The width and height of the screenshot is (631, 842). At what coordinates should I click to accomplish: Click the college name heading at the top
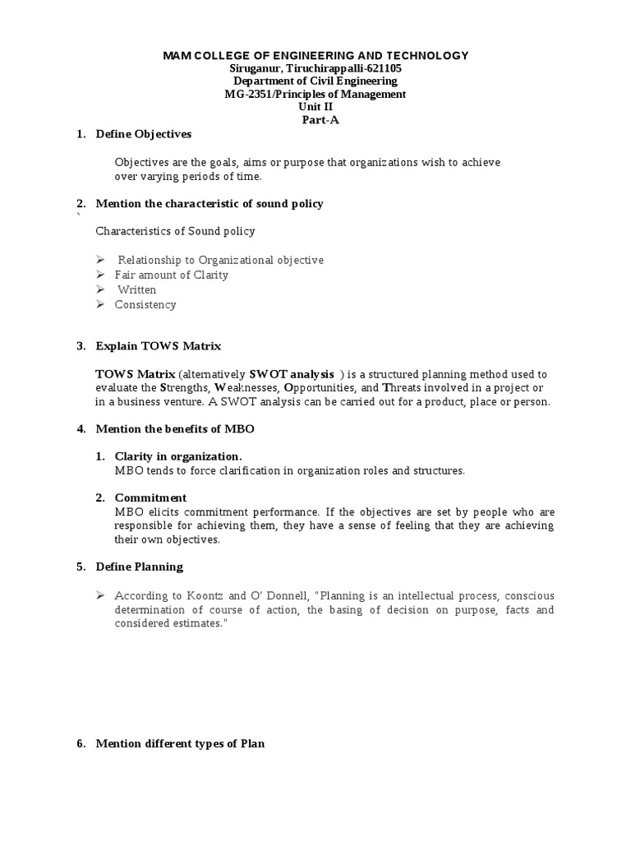(x=315, y=55)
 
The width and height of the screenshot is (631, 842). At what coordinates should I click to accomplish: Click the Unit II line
(x=315, y=107)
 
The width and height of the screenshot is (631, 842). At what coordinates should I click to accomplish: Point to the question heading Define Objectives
(x=144, y=134)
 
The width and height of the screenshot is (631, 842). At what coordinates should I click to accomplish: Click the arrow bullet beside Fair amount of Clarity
(x=100, y=275)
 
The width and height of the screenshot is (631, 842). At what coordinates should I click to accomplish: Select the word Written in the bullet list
(x=136, y=289)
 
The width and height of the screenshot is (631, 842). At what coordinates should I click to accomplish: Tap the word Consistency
(x=145, y=304)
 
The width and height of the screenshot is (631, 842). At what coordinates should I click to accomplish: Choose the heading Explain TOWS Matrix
(x=159, y=346)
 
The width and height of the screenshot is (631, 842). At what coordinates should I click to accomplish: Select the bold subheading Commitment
(x=150, y=497)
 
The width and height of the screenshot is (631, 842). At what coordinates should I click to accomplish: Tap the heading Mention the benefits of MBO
(x=181, y=428)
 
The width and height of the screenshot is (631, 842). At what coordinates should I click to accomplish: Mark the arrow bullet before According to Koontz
(x=100, y=594)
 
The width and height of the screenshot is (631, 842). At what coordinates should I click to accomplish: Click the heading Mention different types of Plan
(x=180, y=744)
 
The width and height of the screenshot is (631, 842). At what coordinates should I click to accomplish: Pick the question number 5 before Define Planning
(x=81, y=567)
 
